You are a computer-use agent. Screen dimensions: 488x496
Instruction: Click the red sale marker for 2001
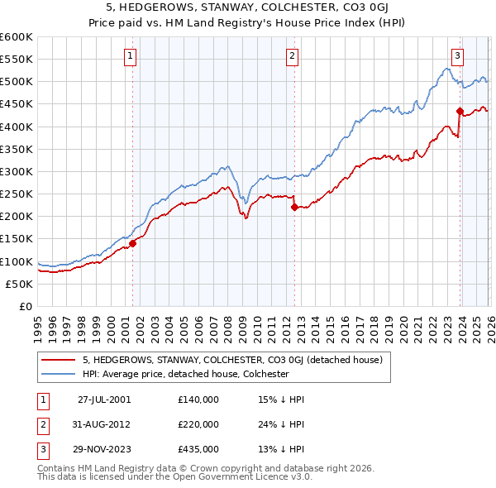[132, 243]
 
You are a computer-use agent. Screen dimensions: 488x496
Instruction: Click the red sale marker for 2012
[294, 208]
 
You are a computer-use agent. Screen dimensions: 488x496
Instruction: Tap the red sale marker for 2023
[459, 111]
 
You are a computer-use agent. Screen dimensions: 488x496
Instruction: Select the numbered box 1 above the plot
[131, 56]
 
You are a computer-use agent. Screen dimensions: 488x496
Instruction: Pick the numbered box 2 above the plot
[293, 56]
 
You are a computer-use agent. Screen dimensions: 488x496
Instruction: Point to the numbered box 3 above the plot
[457, 56]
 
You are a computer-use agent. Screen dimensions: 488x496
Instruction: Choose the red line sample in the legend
[59, 361]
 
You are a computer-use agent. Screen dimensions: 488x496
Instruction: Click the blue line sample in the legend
[59, 374]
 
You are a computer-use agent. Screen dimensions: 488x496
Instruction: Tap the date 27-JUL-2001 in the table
[103, 399]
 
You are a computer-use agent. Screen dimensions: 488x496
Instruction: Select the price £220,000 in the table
[198, 424]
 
